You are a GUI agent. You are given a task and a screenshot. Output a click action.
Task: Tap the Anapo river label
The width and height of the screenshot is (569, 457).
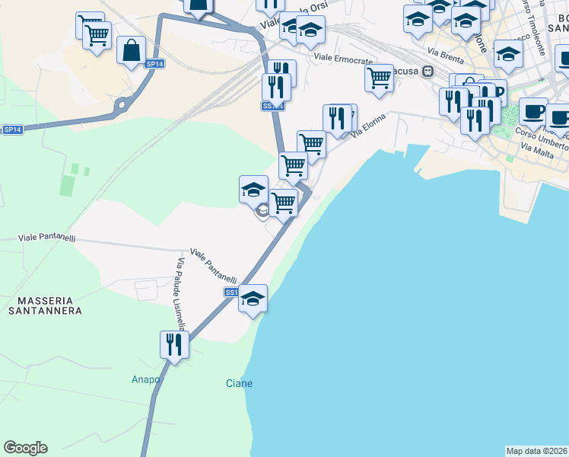point(146,379)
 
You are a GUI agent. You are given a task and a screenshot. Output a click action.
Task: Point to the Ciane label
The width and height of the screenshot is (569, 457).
point(239,383)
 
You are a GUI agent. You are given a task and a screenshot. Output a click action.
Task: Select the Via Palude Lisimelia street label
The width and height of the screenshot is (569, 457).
point(181,294)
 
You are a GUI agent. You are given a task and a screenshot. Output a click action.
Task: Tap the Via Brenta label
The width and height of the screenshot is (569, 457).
point(444,55)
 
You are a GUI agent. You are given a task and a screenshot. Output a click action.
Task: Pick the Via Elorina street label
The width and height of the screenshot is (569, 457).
point(369,125)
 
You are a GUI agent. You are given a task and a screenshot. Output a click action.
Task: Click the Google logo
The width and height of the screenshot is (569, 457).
point(25,448)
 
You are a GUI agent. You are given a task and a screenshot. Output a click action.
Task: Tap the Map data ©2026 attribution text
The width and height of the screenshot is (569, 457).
point(537,451)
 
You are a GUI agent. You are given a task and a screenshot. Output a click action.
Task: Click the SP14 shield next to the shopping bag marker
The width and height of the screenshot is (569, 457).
point(154,64)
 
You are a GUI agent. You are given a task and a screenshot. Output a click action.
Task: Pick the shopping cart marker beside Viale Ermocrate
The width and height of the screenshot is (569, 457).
point(379,78)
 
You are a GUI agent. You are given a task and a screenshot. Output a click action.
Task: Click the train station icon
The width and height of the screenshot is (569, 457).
point(428,71)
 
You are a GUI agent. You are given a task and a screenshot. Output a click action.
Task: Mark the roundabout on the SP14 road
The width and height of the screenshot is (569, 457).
point(119,105)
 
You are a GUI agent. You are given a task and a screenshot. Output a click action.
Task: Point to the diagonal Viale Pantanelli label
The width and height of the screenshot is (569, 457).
point(214,266)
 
